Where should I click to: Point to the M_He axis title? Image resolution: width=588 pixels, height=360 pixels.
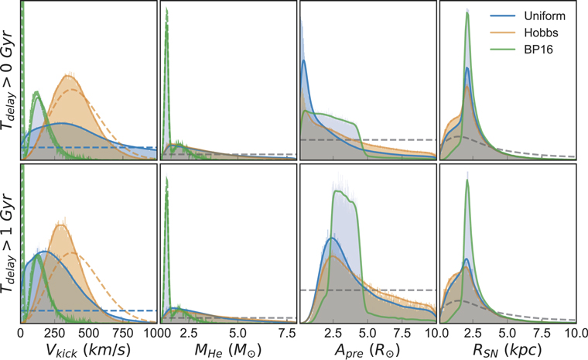click(228, 350)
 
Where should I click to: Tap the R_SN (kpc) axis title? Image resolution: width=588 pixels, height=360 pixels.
click(507, 350)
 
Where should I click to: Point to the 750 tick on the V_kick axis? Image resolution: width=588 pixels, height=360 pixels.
click(123, 331)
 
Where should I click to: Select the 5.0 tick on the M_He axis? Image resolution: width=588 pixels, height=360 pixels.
click(238, 331)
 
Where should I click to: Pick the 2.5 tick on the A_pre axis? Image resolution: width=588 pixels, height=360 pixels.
click(333, 331)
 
